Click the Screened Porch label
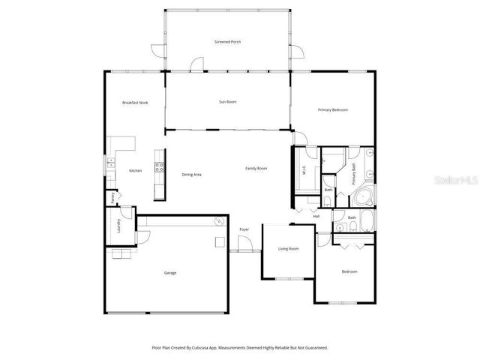coord(227,42)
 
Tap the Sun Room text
coord(227,101)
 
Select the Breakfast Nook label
coord(135,102)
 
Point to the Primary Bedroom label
coord(332,109)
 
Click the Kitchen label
coord(135,171)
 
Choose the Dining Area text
coord(191,174)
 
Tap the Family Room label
coord(256,168)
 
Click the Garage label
coord(170,273)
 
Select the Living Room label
coord(288,248)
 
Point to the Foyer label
coord(244,229)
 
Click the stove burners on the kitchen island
coord(158,167)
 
